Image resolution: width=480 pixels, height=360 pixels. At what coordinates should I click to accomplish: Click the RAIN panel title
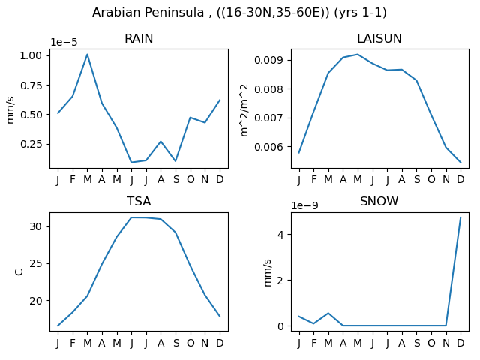pyautogui.click(x=139, y=38)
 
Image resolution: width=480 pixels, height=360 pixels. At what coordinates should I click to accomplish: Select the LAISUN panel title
pyautogui.click(x=379, y=38)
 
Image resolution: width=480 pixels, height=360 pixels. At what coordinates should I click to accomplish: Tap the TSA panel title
pyautogui.click(x=139, y=202)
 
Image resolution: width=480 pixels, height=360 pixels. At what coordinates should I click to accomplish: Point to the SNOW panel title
pyautogui.click(x=379, y=202)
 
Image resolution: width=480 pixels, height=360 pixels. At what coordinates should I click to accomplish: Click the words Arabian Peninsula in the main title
pyautogui.click(x=148, y=13)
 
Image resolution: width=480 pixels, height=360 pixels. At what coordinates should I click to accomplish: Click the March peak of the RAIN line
pyautogui.click(x=87, y=55)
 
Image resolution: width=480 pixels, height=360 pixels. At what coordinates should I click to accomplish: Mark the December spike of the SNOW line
pyautogui.click(x=460, y=217)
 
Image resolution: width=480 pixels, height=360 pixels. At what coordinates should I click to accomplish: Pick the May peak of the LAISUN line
pyautogui.click(x=358, y=55)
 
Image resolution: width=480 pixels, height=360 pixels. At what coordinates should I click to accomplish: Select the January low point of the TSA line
pyautogui.click(x=58, y=325)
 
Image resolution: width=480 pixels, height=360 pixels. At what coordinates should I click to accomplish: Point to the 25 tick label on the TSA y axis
pyautogui.click(x=35, y=263)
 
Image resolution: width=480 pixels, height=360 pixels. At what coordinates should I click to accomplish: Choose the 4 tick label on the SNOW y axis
pyautogui.click(x=280, y=235)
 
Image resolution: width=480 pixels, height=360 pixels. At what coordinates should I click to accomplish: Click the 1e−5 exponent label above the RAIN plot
pyautogui.click(x=64, y=42)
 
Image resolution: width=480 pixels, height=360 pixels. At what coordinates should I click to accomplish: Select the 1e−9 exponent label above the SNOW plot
pyautogui.click(x=305, y=205)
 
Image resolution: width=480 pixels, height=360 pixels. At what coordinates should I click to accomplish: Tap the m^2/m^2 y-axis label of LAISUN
pyautogui.click(x=244, y=110)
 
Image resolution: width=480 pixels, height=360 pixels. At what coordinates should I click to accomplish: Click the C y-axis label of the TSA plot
pyautogui.click(x=19, y=271)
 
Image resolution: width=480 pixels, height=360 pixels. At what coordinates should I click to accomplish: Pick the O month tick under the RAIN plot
pyautogui.click(x=190, y=180)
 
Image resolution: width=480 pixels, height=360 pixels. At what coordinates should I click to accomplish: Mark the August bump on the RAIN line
pyautogui.click(x=161, y=142)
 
